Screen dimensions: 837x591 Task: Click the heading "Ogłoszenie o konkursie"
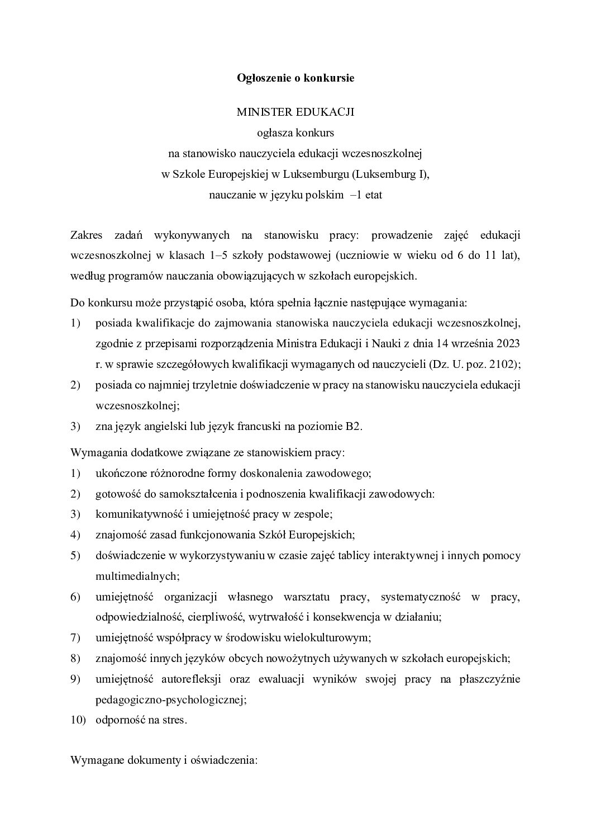click(295, 78)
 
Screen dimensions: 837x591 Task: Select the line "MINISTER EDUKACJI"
click(295, 112)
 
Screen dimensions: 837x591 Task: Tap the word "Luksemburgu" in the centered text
click(316, 174)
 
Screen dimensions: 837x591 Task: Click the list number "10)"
click(78, 720)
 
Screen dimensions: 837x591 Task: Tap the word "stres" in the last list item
click(173, 720)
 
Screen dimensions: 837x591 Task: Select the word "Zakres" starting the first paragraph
click(87, 235)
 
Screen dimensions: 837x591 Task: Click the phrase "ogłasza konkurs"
click(295, 133)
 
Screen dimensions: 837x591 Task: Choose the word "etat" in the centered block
click(373, 196)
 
